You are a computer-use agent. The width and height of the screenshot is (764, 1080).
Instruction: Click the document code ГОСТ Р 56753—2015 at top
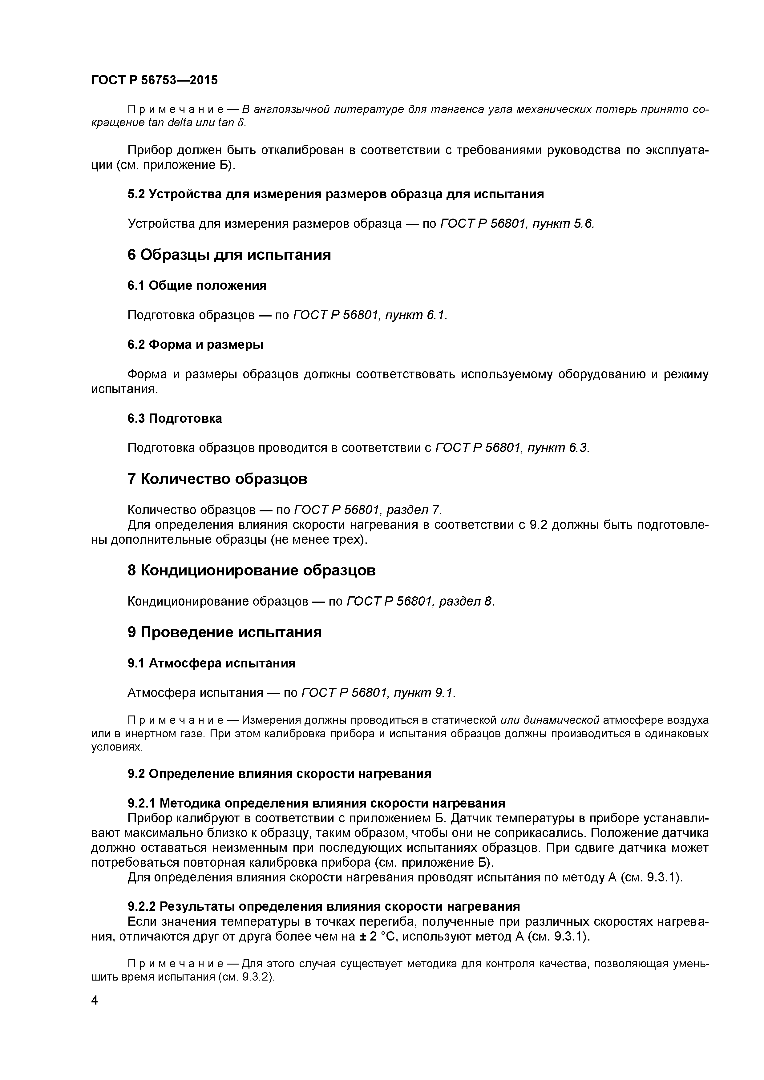click(x=154, y=80)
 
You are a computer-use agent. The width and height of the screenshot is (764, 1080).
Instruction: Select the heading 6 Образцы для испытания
click(x=229, y=255)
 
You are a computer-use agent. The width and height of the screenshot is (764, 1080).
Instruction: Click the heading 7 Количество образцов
click(x=217, y=479)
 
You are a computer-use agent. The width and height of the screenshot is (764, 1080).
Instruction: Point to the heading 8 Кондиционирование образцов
click(x=252, y=570)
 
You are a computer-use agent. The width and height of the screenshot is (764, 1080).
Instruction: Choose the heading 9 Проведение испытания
click(x=224, y=632)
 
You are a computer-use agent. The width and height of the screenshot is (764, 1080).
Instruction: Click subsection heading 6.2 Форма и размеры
click(x=195, y=345)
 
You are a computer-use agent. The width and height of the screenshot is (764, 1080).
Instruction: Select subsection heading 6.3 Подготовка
click(x=175, y=418)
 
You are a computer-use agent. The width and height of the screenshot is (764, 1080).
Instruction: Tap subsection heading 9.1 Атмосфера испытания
click(x=211, y=663)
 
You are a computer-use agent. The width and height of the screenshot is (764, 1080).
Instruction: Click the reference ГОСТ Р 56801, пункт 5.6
click(x=517, y=224)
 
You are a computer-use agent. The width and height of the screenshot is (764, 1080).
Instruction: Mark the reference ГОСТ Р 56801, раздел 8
click(x=420, y=601)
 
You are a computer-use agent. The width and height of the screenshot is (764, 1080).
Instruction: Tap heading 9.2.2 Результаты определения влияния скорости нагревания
click(x=324, y=906)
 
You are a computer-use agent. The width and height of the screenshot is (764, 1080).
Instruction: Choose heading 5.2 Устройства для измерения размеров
click(x=335, y=194)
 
